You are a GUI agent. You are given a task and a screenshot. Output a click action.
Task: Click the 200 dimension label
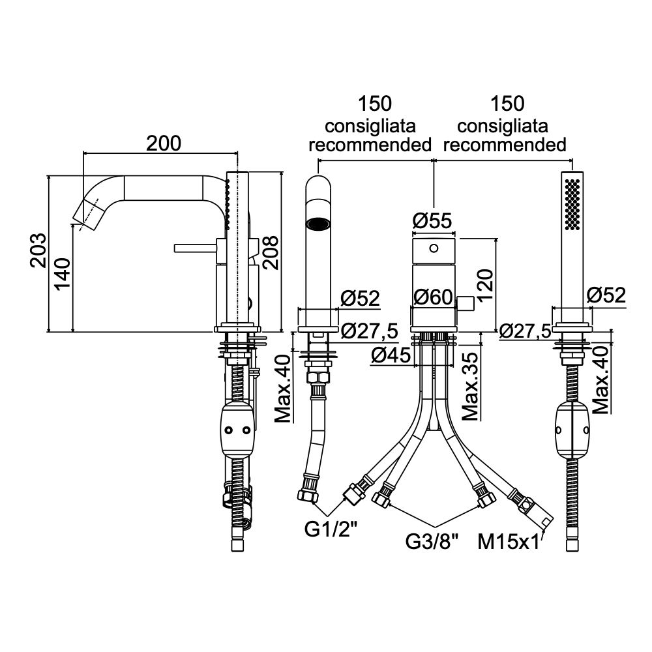coord(164,143)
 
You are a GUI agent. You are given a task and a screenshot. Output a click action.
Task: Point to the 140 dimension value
coord(63,274)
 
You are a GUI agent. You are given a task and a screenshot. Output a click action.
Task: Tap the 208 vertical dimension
coord(271,252)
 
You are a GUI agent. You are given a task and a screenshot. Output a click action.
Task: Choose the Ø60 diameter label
coord(433,297)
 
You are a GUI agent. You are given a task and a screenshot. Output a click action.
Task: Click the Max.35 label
coord(470,386)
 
